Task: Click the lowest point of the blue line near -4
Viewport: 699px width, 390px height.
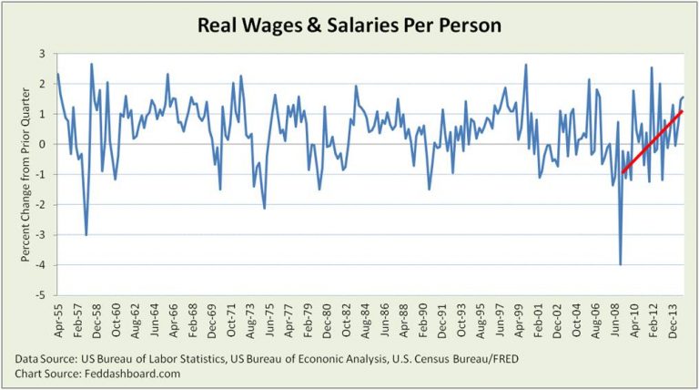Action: click(x=621, y=264)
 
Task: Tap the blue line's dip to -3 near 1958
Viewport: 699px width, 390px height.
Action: click(x=86, y=234)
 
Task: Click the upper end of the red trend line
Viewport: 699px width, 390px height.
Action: click(x=682, y=111)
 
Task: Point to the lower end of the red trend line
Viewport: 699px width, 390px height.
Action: click(x=623, y=171)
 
